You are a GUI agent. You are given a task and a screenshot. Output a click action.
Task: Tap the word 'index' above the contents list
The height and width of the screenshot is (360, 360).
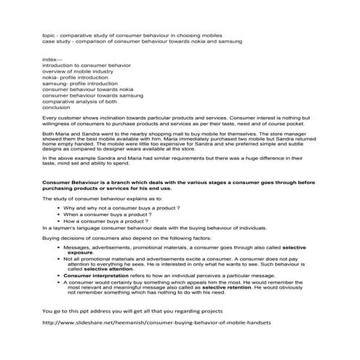(52, 59)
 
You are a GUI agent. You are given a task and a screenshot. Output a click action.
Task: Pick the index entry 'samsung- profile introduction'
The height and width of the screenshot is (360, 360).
(87, 84)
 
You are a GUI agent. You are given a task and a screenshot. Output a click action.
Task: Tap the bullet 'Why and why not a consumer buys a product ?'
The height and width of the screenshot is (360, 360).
(121, 208)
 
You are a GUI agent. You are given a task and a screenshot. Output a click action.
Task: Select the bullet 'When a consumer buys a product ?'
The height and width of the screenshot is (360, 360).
(107, 215)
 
